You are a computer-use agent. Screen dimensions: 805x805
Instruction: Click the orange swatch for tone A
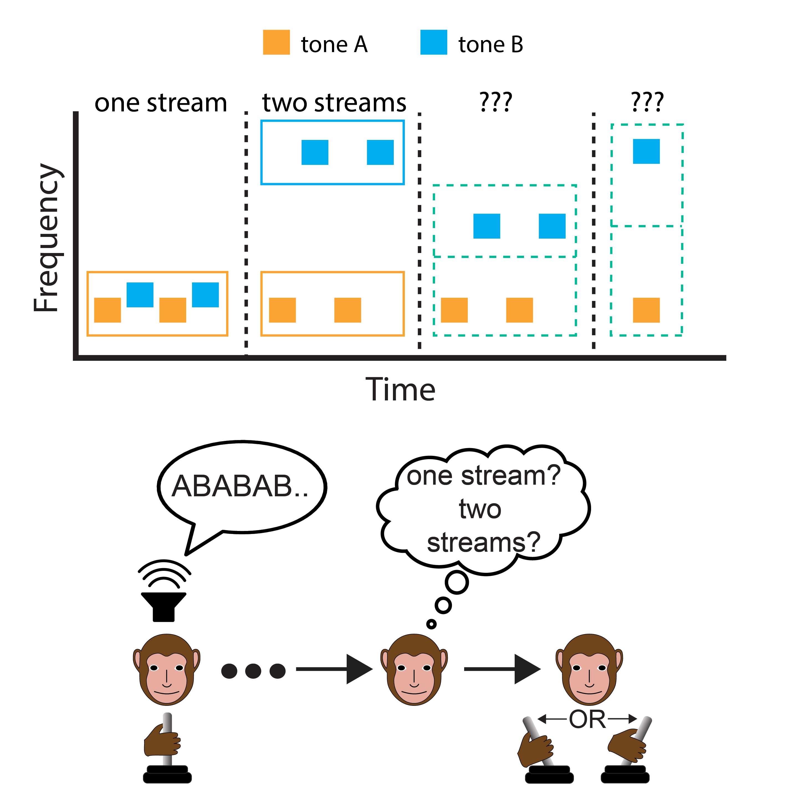tap(276, 42)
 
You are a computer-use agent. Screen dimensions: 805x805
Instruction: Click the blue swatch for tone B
tap(433, 42)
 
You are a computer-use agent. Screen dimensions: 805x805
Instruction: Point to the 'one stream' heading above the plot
tap(161, 103)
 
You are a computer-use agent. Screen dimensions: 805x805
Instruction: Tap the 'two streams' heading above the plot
tap(334, 103)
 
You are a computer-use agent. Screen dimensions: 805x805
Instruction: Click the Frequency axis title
tap(47, 237)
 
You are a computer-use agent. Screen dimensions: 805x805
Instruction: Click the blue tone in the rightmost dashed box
tap(646, 151)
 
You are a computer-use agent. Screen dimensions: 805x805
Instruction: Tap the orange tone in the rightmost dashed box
tap(646, 310)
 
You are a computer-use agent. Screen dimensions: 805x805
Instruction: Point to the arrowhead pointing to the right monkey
tap(527, 669)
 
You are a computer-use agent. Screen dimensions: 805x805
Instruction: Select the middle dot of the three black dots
tap(253, 671)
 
